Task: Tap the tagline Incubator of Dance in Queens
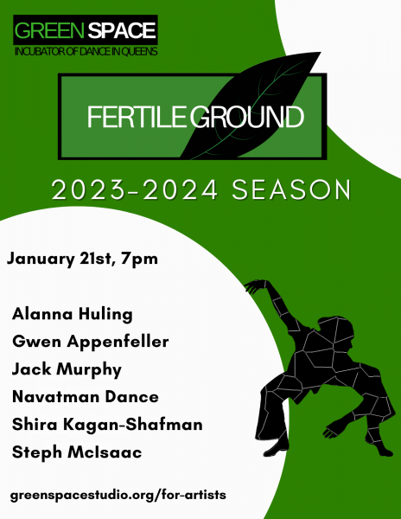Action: click(85, 53)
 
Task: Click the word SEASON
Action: click(294, 190)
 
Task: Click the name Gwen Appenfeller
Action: click(90, 342)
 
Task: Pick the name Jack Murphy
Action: click(67, 369)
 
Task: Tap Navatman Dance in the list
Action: click(85, 397)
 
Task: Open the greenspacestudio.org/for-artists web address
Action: click(118, 495)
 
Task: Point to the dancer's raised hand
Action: click(251, 286)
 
